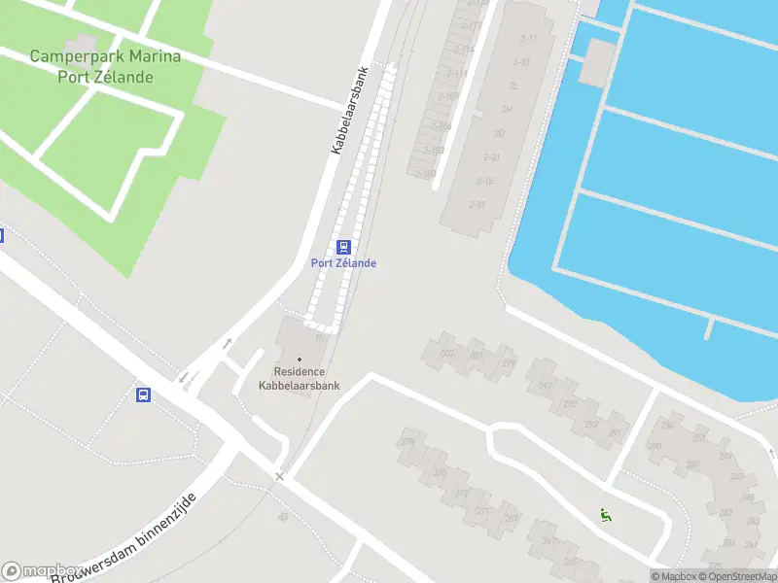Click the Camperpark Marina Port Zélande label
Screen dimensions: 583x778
[x=105, y=66]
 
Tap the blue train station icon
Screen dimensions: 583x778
[x=343, y=247]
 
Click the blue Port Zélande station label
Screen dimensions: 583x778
[x=343, y=263]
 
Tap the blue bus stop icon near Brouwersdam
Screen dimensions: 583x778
[x=143, y=394]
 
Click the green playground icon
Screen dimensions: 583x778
[x=605, y=515]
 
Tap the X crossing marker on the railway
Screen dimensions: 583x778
[x=280, y=476]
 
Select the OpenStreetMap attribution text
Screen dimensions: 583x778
[x=739, y=576]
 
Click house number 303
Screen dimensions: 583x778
[x=447, y=353]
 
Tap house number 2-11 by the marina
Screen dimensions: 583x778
[x=477, y=204]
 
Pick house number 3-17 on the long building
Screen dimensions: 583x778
[x=528, y=38]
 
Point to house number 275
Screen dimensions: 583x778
[x=440, y=473]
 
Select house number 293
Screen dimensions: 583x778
[x=590, y=424]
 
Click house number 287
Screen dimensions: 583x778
[x=692, y=464]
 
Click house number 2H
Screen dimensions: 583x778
[x=507, y=110]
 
